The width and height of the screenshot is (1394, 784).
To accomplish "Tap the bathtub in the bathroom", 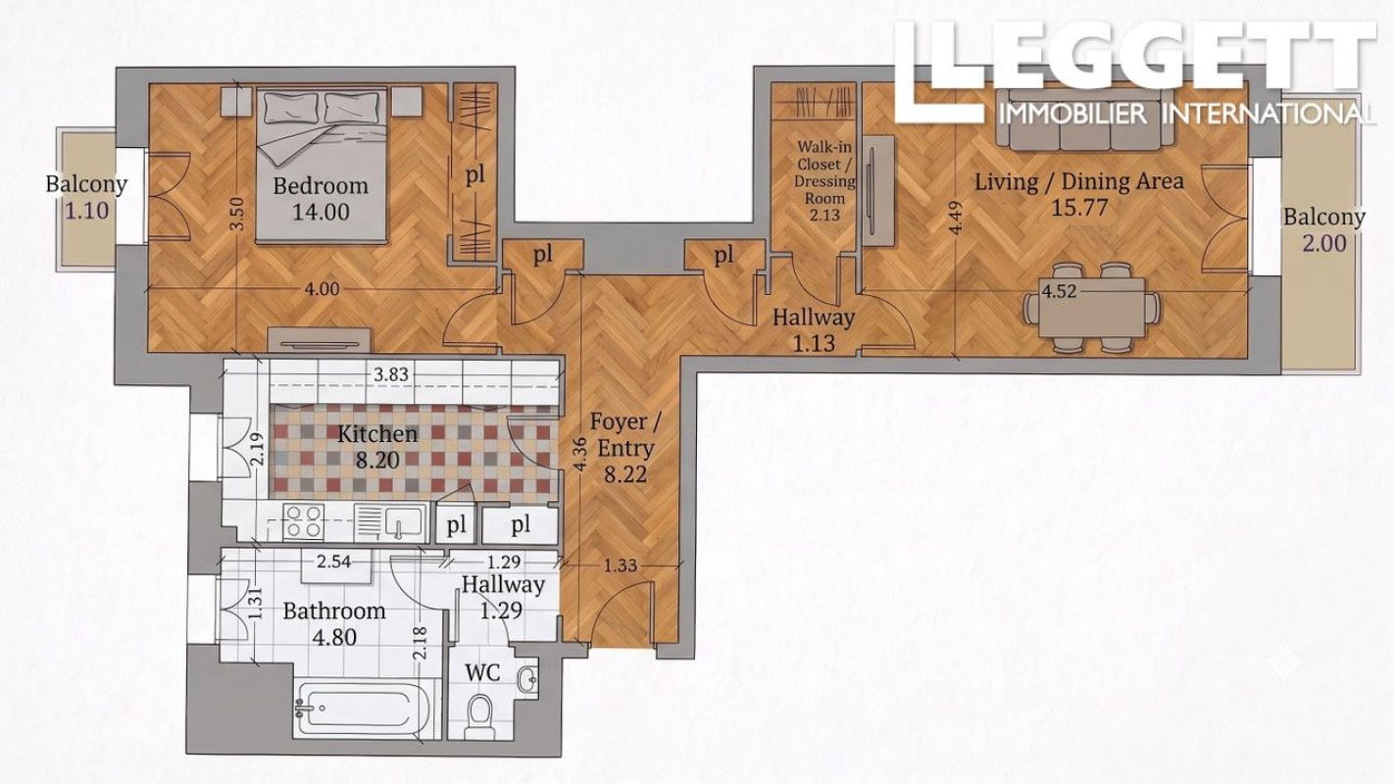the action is [x=364, y=710].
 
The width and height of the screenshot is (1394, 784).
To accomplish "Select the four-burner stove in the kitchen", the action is [x=304, y=520].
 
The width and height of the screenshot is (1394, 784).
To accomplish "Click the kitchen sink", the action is [x=391, y=521].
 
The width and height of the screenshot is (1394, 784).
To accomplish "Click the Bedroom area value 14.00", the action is [x=322, y=212].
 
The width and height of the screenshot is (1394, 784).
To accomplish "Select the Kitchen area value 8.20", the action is [x=377, y=461].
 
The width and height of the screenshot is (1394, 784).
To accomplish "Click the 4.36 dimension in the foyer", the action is [x=579, y=454].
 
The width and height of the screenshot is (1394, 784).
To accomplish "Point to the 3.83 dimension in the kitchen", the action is [x=391, y=374].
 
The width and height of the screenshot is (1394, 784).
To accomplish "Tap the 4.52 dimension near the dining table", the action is [x=1059, y=291].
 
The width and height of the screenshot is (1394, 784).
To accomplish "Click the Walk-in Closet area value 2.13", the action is [x=824, y=216].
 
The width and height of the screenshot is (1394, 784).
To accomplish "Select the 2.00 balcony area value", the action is [x=1324, y=243].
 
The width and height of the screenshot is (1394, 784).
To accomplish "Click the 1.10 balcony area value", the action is [x=87, y=211].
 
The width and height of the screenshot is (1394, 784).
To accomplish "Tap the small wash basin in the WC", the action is [x=528, y=678].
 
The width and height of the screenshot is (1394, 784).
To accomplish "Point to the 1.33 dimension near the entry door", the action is [x=621, y=565].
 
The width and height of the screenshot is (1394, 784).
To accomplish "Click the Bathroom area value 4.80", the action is [x=335, y=638].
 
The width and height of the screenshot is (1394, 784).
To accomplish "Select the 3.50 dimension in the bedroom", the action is [x=238, y=214].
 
